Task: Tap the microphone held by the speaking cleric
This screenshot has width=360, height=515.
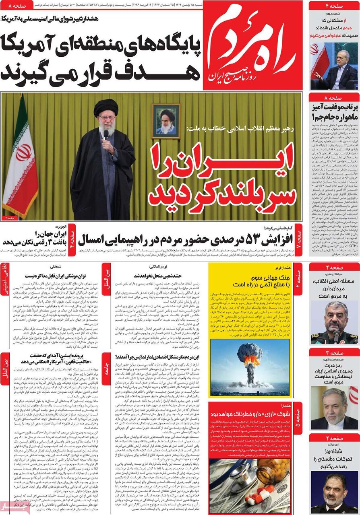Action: point(106,134)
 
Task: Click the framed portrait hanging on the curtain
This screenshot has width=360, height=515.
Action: point(166,121)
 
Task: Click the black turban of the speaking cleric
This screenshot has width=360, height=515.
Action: point(106,107)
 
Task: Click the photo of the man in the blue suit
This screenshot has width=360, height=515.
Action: point(334,66)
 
